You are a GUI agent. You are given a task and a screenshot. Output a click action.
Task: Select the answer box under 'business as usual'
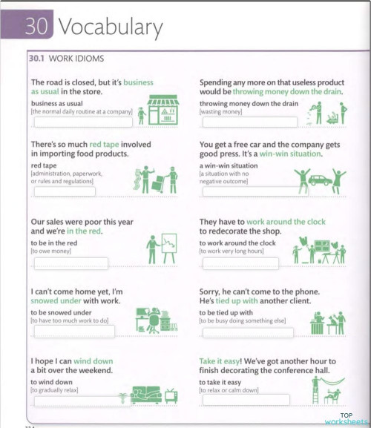(x=82, y=122)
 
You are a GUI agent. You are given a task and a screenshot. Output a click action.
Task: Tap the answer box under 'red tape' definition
(x=64, y=191)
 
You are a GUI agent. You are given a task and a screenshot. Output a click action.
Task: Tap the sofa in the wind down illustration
(x=145, y=394)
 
